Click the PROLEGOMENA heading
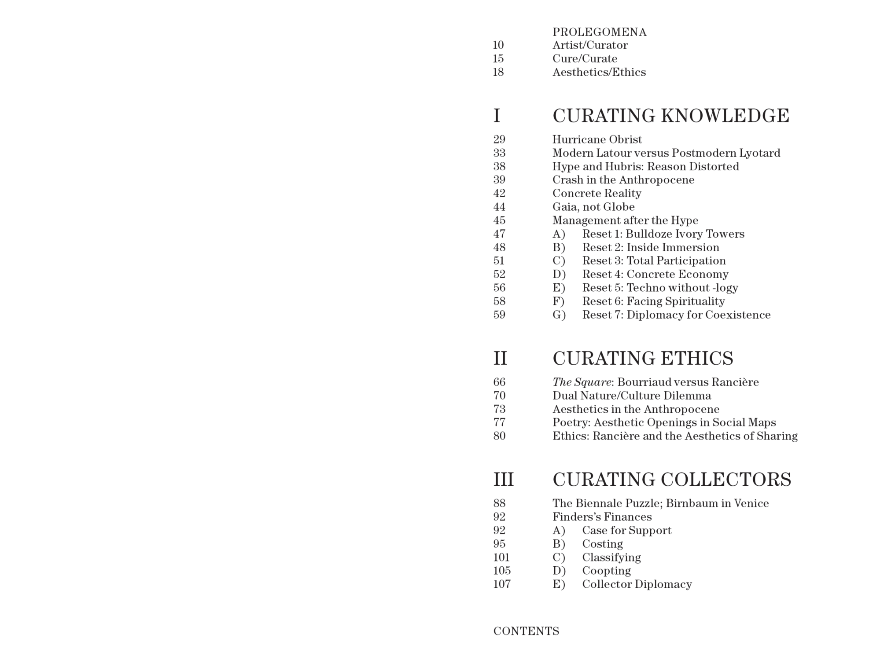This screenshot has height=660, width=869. coord(599,32)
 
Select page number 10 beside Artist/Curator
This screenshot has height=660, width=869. coord(498,45)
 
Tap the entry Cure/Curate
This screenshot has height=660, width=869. coord(585,59)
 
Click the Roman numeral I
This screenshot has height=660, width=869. coord(497,116)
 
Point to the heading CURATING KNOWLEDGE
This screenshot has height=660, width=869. coord(670,116)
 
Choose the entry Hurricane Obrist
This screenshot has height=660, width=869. coord(597,139)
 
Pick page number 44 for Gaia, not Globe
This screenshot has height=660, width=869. coord(499,207)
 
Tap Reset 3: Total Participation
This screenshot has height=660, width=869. coord(654,261)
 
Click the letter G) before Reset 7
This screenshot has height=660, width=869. coord(559,315)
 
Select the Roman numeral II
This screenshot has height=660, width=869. coord(500,358)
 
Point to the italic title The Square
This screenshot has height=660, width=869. coord(582,382)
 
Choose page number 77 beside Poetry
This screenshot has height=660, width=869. coord(499,423)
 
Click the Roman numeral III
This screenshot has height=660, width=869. coord(504,479)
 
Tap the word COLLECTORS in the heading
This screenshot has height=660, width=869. coord(726,479)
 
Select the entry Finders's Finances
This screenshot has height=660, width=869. coord(602,517)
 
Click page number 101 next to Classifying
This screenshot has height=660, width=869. coord(501,557)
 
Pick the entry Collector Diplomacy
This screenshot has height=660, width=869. coord(637,584)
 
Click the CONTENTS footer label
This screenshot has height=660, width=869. coord(526,631)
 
